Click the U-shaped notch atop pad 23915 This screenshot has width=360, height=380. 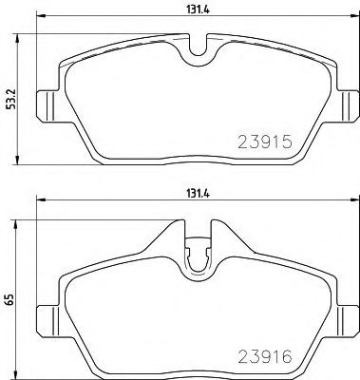[197, 47]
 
